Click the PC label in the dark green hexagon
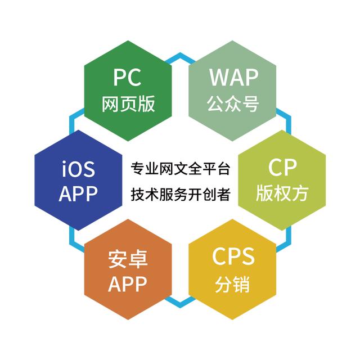(128, 78)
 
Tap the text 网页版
(128, 104)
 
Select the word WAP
(234, 78)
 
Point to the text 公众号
(233, 103)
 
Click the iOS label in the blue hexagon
(78, 168)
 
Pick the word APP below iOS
(78, 194)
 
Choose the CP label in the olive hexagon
(282, 168)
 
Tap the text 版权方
(282, 193)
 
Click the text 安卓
(128, 259)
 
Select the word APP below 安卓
(128, 284)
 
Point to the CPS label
(233, 256)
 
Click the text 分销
(232, 284)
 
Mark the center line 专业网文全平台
(180, 169)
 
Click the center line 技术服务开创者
(180, 194)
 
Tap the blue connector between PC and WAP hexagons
(180, 57)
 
